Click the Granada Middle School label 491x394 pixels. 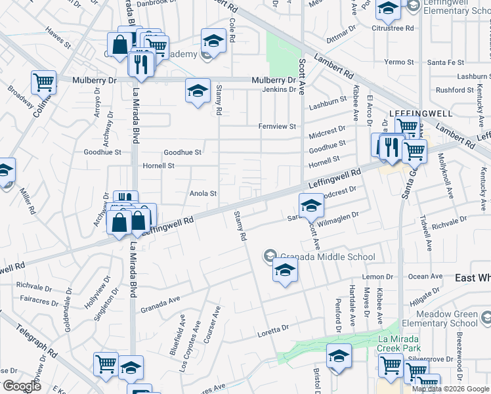click(x=327, y=257)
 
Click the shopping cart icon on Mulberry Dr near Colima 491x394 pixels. click(x=43, y=83)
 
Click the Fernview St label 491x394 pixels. click(x=277, y=126)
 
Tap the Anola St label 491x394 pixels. click(x=203, y=194)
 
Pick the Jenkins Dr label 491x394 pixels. click(x=280, y=89)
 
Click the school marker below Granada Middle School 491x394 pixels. click(x=285, y=271)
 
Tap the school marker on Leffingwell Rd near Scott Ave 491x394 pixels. click(x=312, y=205)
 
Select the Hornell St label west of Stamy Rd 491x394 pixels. click(x=158, y=166)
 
